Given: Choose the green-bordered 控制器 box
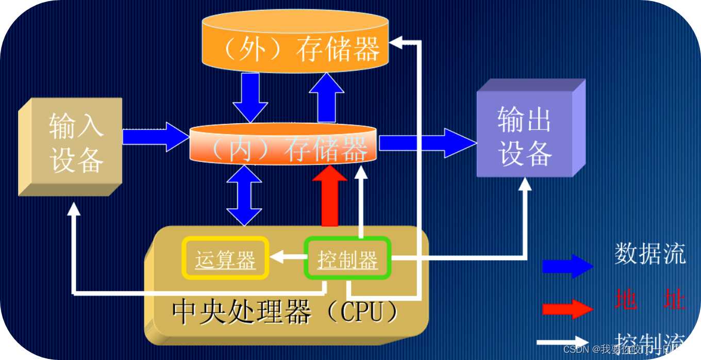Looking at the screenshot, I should (347, 258).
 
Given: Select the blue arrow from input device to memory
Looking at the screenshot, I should (155, 137).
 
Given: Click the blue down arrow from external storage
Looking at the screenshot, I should (251, 96).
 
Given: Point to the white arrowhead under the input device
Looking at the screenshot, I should (74, 209).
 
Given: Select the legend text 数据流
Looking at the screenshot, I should (649, 254).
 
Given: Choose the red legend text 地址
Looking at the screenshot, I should (649, 299).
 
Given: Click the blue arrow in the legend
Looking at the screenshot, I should (567, 266).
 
